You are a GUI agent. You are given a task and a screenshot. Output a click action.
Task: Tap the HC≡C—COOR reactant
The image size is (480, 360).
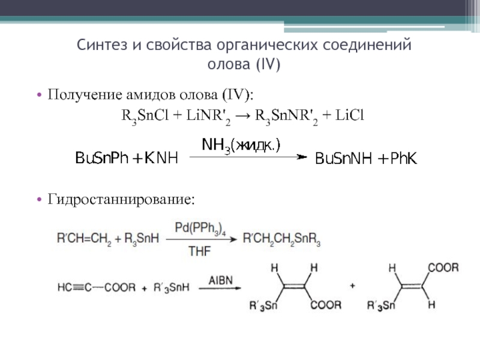coord(96,288)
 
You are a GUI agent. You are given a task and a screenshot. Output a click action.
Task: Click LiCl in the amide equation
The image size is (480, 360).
coord(350,115)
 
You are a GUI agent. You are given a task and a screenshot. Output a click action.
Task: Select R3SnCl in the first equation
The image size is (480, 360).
coord(142,115)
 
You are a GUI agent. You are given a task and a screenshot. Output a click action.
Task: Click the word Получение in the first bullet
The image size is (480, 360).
coord(83,95)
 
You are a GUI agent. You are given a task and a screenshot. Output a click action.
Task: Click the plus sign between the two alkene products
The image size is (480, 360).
coord(352,286)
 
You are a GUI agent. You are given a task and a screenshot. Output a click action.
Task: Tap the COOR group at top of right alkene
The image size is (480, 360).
coord(443,268)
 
